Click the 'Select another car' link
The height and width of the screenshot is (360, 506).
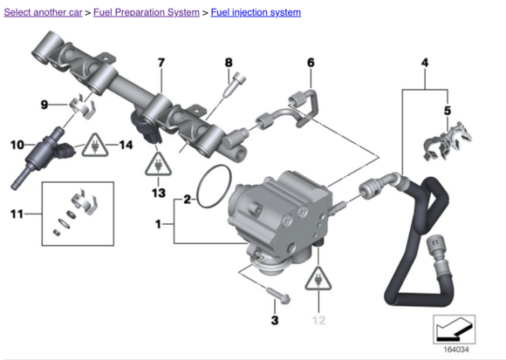(43, 12)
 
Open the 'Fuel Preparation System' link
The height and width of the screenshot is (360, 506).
(147, 12)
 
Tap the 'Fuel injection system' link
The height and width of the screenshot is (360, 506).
(256, 12)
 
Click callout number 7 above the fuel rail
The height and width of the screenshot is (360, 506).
(161, 62)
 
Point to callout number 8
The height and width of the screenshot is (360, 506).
(229, 62)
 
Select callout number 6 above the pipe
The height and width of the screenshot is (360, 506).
(311, 62)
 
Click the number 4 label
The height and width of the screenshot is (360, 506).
(425, 62)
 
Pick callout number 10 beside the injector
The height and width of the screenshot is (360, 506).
(17, 145)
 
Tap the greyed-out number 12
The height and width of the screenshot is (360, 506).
(318, 320)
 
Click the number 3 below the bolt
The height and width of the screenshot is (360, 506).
(275, 320)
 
